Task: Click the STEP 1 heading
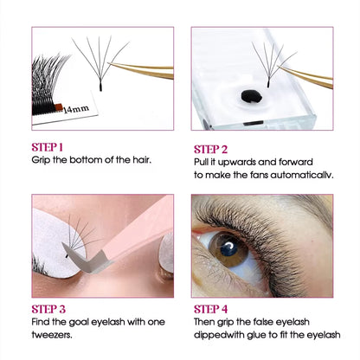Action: click(x=47, y=147)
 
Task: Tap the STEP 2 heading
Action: click(x=210, y=150)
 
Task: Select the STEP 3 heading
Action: click(x=48, y=309)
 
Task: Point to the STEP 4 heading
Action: click(x=210, y=309)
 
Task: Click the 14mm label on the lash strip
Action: click(x=76, y=109)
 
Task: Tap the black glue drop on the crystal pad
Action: click(x=251, y=96)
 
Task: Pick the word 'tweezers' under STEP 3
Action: click(x=52, y=335)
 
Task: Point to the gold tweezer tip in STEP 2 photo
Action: click(x=280, y=67)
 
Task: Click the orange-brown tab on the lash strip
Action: click(x=59, y=106)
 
